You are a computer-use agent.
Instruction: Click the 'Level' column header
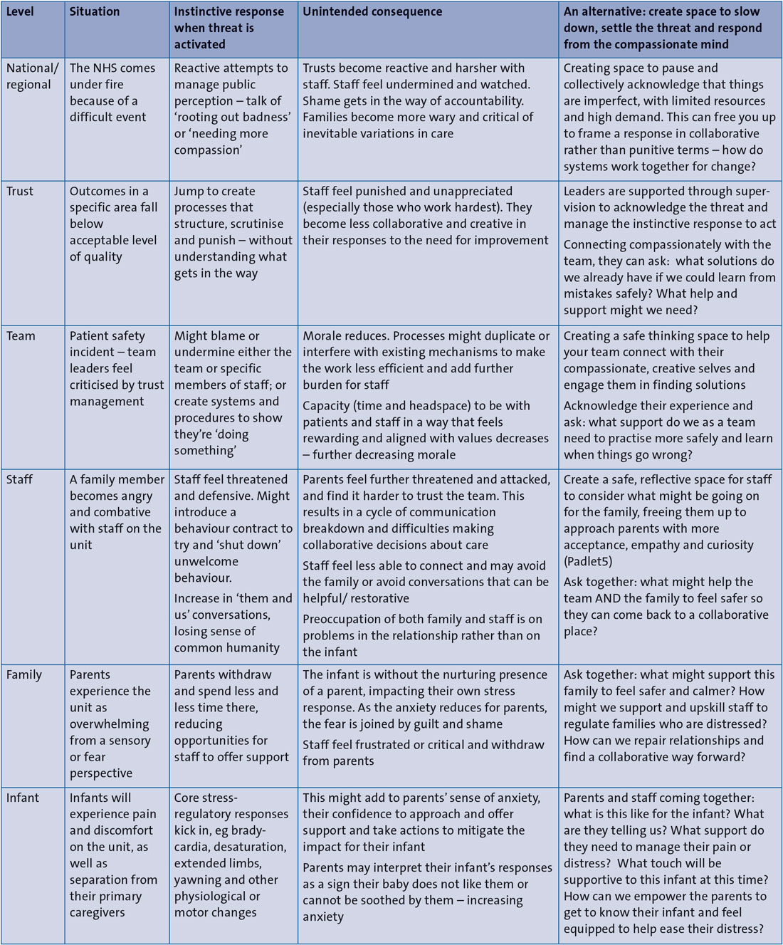pos(20,11)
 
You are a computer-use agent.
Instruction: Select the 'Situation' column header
pos(95,11)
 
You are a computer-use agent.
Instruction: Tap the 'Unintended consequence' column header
pos(372,11)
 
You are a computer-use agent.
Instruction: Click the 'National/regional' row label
pos(32,76)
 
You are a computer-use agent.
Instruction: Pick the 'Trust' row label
pos(20,191)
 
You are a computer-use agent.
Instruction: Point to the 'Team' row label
pos(21,335)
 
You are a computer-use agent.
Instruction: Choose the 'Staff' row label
pos(19,479)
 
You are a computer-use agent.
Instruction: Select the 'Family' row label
pos(24,674)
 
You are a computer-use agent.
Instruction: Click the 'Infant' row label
pos(23,798)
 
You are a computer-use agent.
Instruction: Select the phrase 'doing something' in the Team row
pos(214,442)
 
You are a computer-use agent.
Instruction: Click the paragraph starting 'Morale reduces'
pos(426,360)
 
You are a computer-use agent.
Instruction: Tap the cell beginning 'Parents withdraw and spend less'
pos(231,716)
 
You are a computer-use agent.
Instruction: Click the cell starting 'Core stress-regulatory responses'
pos(231,855)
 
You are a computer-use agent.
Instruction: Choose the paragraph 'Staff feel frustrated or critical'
pos(424,753)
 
